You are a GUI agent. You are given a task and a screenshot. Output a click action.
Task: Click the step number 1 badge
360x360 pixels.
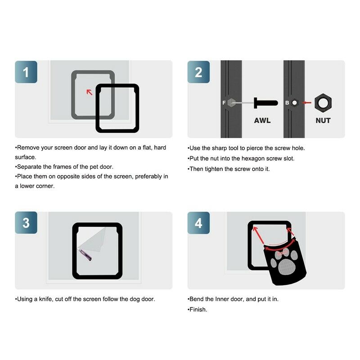pos(26,72)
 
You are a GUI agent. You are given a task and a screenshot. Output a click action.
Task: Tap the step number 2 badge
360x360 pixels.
pos(198,72)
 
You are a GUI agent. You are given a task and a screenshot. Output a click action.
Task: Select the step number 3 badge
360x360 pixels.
pos(26,223)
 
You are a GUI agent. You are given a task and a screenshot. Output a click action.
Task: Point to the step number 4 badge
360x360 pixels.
pos(198,223)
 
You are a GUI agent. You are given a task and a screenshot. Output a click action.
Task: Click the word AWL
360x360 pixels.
pos(262,121)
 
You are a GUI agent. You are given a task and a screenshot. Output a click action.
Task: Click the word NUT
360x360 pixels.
pos(323,121)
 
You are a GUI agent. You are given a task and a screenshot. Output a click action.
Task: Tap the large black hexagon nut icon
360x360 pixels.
pos(323,103)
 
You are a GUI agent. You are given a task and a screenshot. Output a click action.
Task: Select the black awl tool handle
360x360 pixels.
pos(265,103)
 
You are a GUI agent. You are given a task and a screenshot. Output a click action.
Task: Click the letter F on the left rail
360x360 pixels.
pos(224,103)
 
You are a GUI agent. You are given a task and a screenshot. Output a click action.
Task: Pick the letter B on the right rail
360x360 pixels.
pos(287,103)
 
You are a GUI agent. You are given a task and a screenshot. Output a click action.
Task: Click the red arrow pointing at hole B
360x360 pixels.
pos(306,103)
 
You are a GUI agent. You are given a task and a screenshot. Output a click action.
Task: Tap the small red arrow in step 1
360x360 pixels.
pos(89,92)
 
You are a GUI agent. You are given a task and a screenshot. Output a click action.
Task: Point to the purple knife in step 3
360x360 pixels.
pos(85,255)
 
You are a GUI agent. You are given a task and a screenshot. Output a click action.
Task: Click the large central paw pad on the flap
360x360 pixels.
pos(285,268)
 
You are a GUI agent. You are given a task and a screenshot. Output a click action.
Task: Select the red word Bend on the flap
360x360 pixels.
pos(282,253)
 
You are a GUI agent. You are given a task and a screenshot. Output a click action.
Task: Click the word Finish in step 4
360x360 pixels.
pos(198,310)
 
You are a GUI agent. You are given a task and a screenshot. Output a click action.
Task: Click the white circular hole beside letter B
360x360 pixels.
pos(295,103)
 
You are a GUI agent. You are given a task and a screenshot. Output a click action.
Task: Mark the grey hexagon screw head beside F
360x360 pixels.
pos(231,103)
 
